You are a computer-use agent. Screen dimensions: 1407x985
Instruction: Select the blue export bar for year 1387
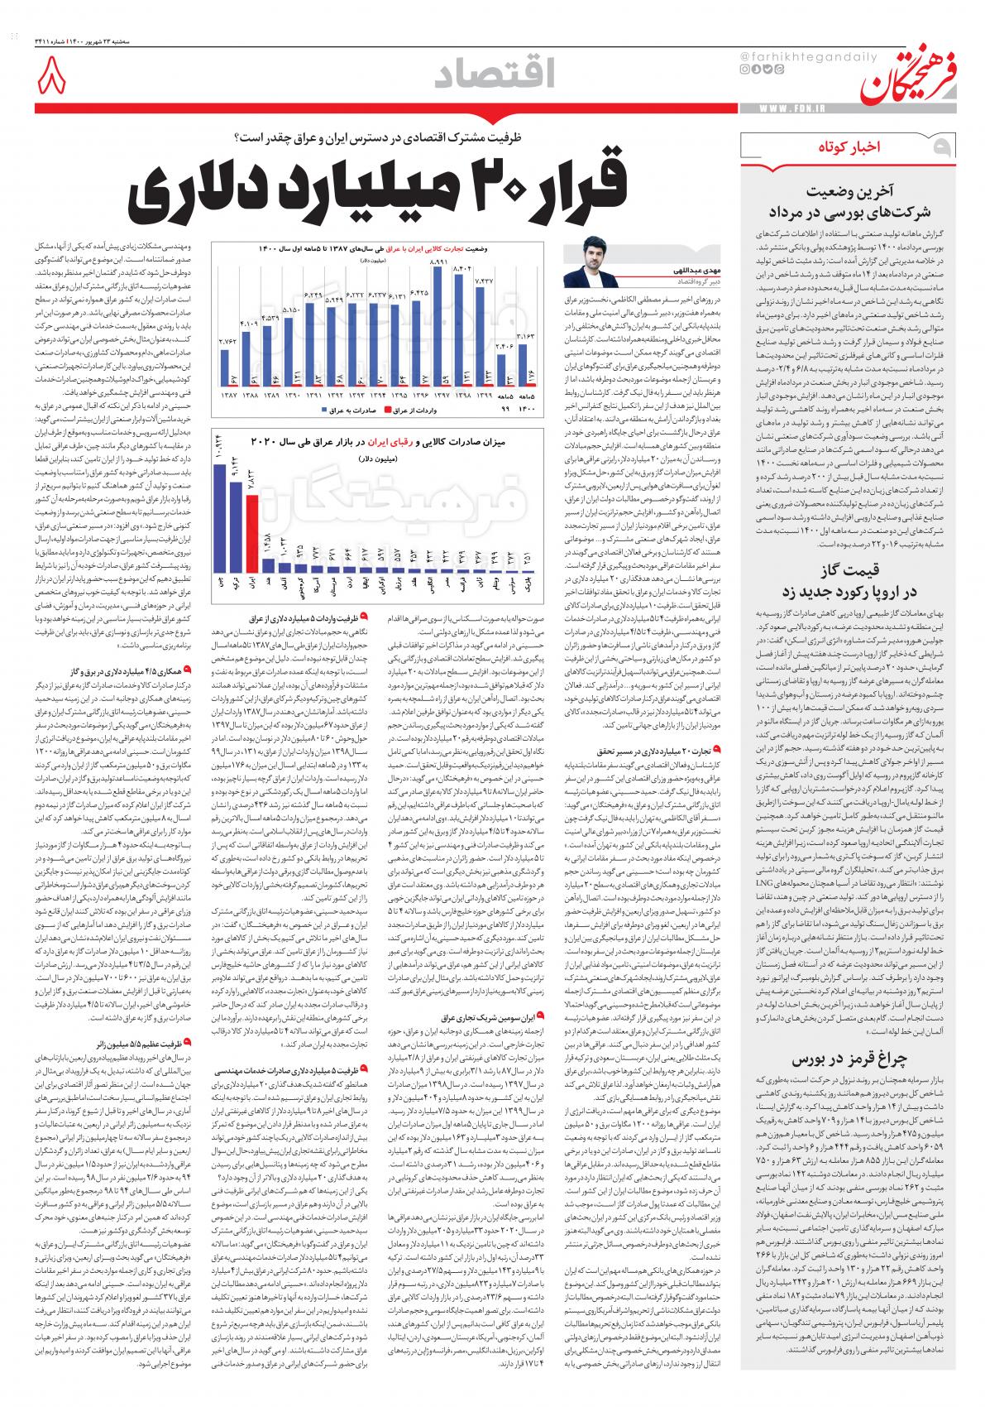click(x=225, y=364)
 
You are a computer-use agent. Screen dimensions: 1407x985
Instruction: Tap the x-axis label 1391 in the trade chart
click(x=313, y=396)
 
